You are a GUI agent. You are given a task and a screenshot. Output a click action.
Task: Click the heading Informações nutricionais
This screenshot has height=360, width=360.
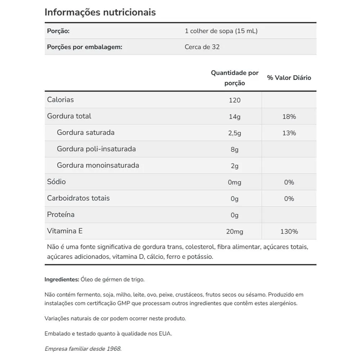pos(100,12)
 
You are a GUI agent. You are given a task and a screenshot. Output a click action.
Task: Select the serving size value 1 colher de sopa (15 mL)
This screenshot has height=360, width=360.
pos(221,31)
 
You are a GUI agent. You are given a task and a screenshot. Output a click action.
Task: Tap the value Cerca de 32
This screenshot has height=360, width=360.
pos(202,47)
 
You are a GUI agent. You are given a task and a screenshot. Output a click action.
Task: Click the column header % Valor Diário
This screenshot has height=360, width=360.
pos(289,78)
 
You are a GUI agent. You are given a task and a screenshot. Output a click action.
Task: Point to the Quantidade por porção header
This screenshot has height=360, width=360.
pos(235,78)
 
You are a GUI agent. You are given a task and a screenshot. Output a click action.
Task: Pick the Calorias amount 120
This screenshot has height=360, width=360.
pos(235,100)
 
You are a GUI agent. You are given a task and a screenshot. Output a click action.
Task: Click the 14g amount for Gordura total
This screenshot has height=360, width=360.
pos(235,117)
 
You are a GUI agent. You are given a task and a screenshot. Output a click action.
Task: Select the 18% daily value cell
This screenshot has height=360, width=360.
pos(289,117)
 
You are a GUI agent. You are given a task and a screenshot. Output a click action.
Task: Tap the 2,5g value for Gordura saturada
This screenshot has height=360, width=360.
pos(235,133)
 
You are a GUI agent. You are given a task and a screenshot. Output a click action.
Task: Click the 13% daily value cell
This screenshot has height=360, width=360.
pos(289,133)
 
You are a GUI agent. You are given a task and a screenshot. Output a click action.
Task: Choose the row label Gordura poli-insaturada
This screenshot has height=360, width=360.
pos(96,149)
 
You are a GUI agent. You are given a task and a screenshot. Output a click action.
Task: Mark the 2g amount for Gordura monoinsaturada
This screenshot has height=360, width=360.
pos(235,166)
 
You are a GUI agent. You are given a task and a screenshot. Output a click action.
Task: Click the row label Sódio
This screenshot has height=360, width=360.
pos(57,182)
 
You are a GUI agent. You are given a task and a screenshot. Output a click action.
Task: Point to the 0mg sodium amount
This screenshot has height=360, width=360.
pos(235,183)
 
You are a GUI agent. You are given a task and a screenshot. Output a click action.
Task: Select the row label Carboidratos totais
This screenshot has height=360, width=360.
pos(78,198)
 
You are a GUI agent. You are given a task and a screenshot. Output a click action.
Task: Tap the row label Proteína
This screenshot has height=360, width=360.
pos(61,215)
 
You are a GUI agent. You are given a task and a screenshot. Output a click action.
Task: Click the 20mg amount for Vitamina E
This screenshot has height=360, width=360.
pos(235,231)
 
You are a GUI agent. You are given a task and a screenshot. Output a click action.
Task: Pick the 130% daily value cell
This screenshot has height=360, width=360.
pos(289,231)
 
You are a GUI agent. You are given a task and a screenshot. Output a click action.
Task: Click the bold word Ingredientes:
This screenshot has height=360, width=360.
pos(62,279)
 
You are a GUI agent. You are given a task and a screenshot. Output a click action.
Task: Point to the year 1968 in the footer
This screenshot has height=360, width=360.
pos(113,348)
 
